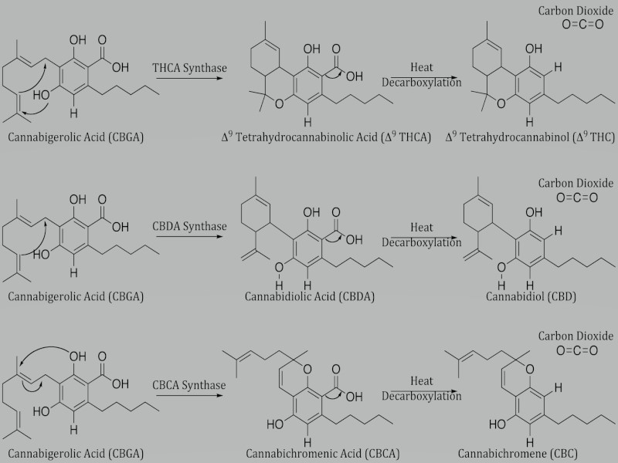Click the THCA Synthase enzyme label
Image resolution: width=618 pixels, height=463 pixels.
click(189, 68)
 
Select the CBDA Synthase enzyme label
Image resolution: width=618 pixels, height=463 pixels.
click(189, 226)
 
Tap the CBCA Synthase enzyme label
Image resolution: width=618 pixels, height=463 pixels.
click(189, 385)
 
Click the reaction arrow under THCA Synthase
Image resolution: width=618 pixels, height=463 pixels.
click(189, 78)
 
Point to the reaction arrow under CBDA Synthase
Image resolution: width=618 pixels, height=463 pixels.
click(189, 237)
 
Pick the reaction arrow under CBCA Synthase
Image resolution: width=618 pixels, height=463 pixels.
click(189, 395)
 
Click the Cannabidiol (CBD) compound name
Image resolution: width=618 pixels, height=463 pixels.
click(531, 296)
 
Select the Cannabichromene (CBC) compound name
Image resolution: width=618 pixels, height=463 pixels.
click(518, 454)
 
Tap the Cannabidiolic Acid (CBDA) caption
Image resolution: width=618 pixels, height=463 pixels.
click(310, 296)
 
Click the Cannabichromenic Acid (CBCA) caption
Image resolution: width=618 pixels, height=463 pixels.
click(323, 454)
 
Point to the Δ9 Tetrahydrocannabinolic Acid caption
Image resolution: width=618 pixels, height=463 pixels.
click(326, 137)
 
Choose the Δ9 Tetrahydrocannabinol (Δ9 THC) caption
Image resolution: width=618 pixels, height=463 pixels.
click(530, 137)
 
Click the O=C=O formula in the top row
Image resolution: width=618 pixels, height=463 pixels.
click(582, 25)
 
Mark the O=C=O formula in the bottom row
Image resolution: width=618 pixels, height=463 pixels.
click(577, 350)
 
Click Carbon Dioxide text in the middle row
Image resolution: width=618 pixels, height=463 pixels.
click(576, 183)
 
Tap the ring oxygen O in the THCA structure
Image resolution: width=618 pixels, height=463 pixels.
click(279, 104)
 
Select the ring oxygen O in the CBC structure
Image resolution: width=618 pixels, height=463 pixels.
click(530, 370)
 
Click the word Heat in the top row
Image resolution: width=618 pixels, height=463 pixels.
click(422, 67)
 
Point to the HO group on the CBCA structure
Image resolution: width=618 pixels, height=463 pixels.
click(275, 424)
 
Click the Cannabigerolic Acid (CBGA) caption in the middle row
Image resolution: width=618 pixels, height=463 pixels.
click(76, 296)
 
